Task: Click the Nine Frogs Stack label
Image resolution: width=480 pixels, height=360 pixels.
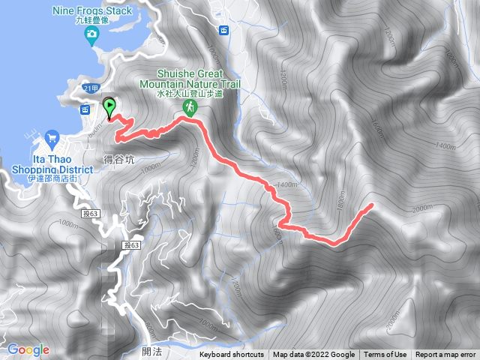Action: click(92, 10)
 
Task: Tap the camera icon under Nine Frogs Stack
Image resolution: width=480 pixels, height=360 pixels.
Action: click(92, 34)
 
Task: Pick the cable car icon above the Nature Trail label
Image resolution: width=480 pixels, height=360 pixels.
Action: click(223, 30)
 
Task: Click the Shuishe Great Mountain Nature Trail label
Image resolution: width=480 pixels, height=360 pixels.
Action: click(199, 79)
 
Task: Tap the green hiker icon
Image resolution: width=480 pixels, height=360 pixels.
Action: click(189, 109)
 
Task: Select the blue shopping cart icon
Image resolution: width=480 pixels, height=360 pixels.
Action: click(52, 137)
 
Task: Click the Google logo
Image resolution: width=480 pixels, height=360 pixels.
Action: click(28, 349)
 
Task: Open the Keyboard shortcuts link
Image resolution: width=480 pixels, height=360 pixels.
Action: click(232, 355)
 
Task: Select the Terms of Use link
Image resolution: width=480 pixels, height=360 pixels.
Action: click(385, 355)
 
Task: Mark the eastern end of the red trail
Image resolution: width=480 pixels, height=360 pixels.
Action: click(373, 205)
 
